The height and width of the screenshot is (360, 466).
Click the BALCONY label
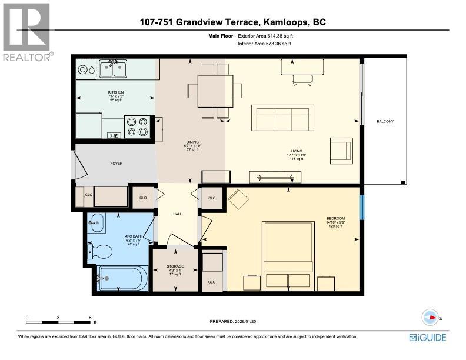tap(385, 121)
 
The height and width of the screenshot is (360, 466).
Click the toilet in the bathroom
tap(102, 252)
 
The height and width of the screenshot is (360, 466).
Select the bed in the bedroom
tap(287, 255)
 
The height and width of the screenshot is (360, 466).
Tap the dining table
tap(214, 91)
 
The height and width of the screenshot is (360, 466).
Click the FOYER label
tap(116, 163)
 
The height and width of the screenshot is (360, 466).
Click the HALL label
tap(177, 213)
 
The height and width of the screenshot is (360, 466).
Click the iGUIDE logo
tap(428, 337)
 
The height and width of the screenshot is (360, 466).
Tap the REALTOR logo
tap(26, 32)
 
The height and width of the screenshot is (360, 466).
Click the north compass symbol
tap(431, 317)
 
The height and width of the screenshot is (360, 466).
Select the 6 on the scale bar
tap(89, 317)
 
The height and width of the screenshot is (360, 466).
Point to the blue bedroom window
tap(363, 205)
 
